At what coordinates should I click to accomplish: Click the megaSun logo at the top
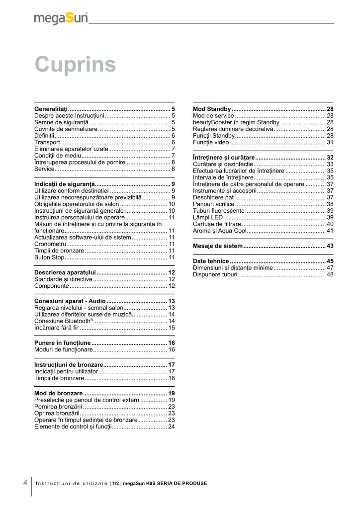click(x=61, y=18)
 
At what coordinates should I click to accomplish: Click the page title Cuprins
click(x=75, y=65)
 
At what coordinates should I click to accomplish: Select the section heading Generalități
click(x=51, y=109)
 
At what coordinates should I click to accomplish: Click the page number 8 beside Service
click(x=173, y=169)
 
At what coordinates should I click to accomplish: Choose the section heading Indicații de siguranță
click(x=65, y=184)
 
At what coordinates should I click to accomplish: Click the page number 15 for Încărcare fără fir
click(x=171, y=328)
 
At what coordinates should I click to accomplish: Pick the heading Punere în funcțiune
click(x=62, y=343)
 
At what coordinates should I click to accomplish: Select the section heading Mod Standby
click(x=211, y=109)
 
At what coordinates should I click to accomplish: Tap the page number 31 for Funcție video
click(x=330, y=142)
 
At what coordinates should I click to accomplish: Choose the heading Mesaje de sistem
click(x=217, y=246)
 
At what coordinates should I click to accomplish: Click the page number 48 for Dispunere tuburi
click(x=330, y=274)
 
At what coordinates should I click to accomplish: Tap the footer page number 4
click(x=25, y=483)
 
